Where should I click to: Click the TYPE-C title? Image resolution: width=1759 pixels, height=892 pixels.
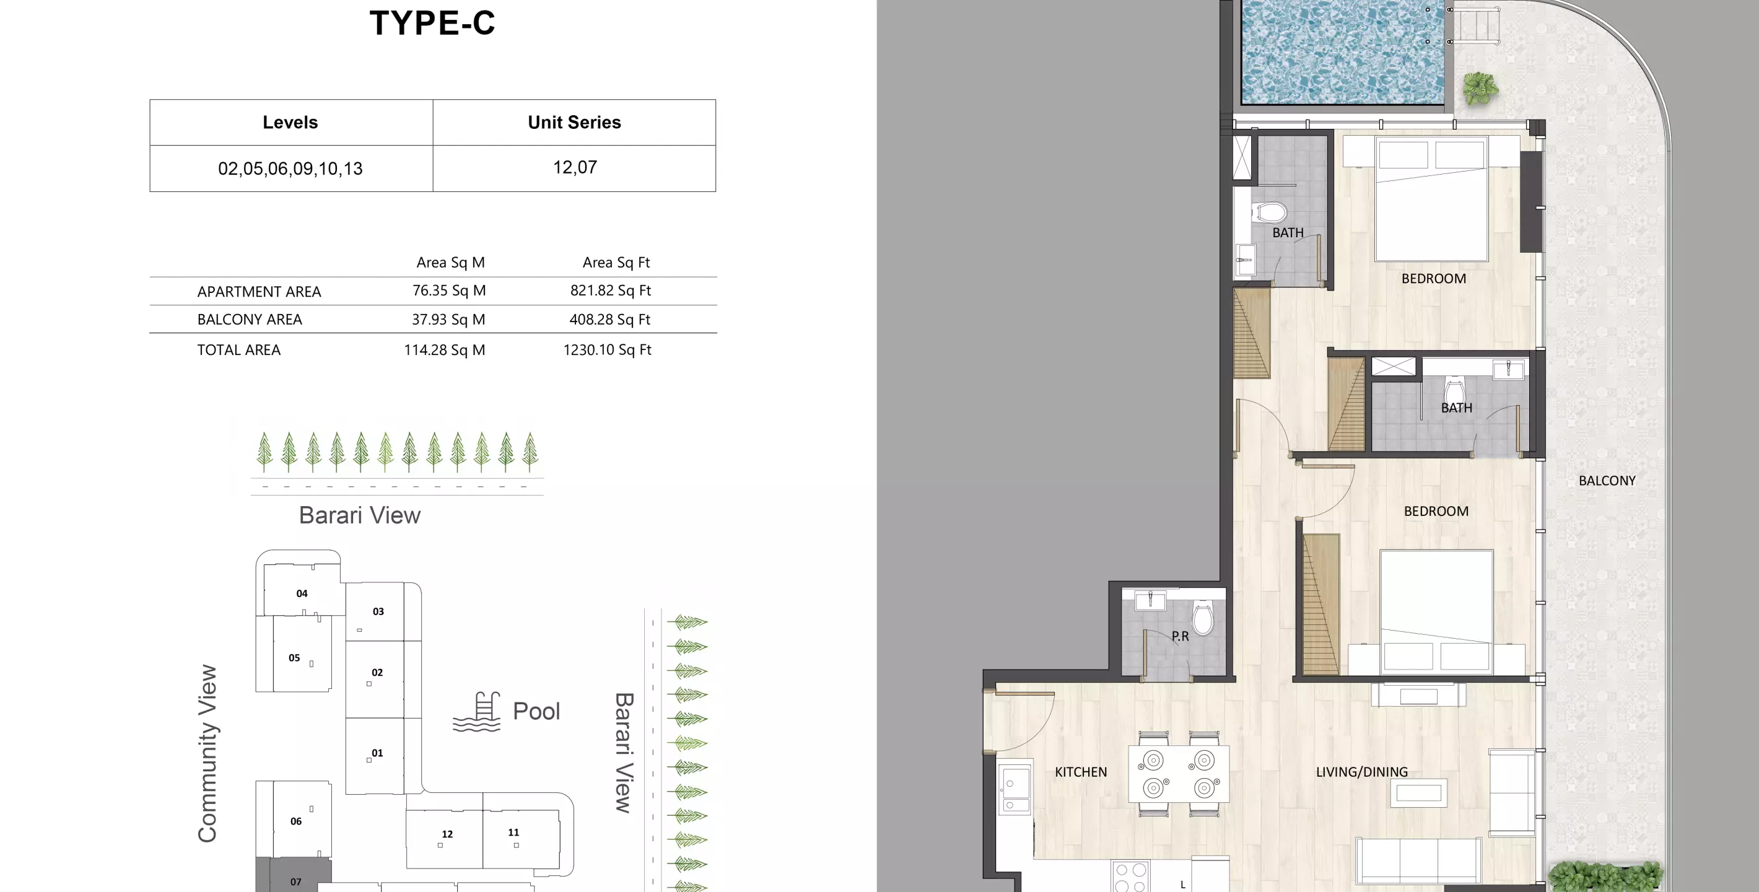pos(432,23)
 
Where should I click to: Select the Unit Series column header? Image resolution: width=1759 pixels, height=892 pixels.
pos(574,122)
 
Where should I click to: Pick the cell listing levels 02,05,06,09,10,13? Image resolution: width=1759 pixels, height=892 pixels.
pos(290,168)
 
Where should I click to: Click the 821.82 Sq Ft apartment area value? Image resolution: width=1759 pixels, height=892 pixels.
pos(611,291)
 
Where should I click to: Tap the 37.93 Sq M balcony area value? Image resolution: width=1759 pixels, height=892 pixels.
pos(448,320)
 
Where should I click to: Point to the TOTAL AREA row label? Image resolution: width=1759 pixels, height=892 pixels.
pos(238,350)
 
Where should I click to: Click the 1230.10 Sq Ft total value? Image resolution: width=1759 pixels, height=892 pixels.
pos(607,350)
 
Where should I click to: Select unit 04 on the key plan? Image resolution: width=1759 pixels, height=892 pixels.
pos(302,593)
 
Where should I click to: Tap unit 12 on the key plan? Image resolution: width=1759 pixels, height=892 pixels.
pos(447,834)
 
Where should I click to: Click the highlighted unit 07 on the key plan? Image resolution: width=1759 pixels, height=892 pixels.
pos(295,880)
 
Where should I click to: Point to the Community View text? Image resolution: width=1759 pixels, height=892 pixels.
pos(207,753)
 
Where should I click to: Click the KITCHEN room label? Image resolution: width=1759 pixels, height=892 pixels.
pos(1080,772)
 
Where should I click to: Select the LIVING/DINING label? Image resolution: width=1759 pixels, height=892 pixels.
pos(1361,772)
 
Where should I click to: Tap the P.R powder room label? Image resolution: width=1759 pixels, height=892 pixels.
pos(1179,636)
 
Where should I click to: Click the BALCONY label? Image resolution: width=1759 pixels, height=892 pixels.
pos(1606,481)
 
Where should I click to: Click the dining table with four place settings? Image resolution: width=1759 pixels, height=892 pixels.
pos(1178,774)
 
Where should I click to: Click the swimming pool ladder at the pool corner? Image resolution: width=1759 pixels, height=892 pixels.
pos(1475,25)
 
